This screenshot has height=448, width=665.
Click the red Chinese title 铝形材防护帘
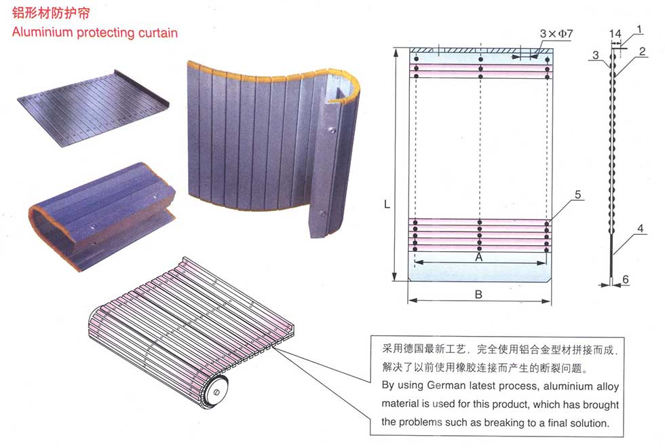coord(51,13)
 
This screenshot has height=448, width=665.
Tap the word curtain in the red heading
coord(158,33)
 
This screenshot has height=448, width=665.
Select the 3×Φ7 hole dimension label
coord(556,33)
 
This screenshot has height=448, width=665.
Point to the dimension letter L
coord(387,204)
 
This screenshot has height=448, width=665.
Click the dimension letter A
coord(479,257)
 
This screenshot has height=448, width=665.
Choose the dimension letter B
coord(478,294)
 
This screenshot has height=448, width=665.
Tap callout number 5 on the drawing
coord(577,194)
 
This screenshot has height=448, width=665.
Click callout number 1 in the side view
coord(639,30)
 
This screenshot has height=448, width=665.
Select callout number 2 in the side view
coord(642,52)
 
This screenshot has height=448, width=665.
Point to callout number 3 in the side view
coord(596,55)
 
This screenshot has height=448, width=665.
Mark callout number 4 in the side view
coord(641,228)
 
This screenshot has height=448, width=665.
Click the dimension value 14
coord(615,33)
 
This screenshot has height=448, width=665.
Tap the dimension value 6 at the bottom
coord(626,279)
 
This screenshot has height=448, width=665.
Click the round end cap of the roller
coord(216,392)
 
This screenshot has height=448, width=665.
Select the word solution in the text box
coord(589,423)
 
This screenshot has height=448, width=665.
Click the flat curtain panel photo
coord(94,109)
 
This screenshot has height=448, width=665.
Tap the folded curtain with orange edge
coord(102,216)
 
